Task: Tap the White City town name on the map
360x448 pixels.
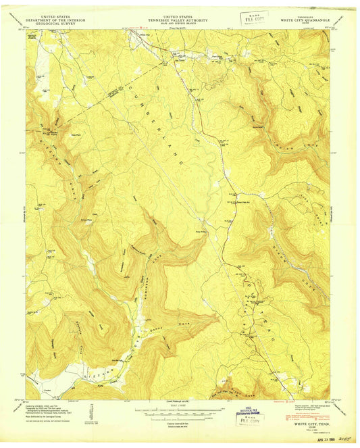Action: click(144, 34)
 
